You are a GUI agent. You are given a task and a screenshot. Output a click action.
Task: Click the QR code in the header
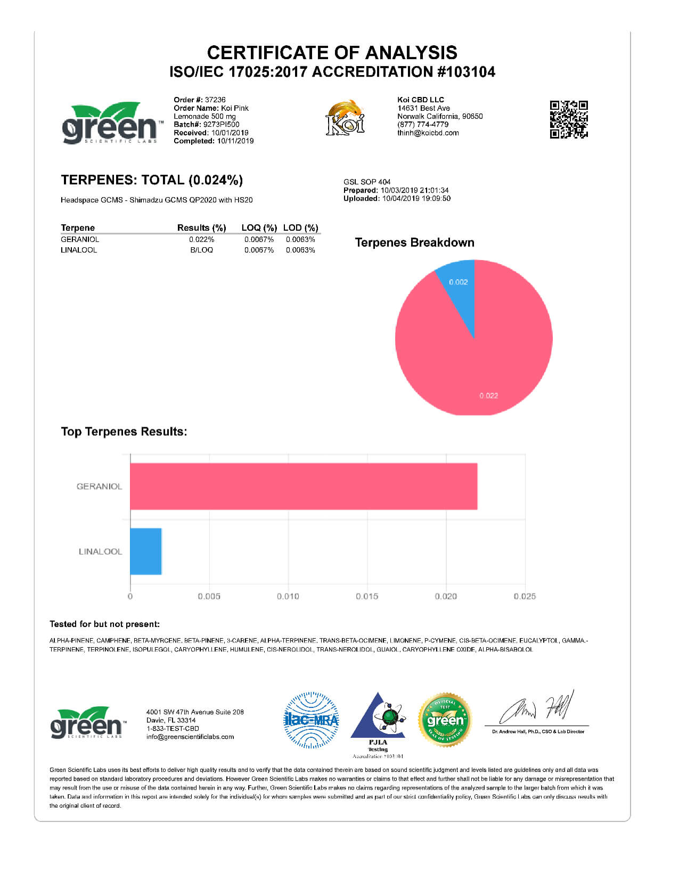coord(569,119)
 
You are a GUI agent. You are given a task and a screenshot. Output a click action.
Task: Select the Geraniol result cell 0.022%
coord(201,240)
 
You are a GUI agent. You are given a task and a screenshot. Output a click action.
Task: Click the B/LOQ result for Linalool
coord(201,250)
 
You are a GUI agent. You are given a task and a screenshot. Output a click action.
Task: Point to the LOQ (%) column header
coord(259,228)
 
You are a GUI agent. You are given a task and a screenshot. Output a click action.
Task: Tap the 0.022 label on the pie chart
coord(488,395)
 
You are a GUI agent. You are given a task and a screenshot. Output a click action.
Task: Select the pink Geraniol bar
coord(304,486)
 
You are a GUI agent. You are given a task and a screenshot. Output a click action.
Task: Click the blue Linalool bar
coord(146,551)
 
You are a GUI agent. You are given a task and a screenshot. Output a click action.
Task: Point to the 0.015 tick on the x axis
coord(367,596)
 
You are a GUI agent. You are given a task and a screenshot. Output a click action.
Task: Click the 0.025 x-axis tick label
coord(525,596)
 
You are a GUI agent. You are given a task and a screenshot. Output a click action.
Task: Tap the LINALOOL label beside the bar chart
coord(100,551)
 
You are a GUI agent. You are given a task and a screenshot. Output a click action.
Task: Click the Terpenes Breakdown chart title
coord(414,243)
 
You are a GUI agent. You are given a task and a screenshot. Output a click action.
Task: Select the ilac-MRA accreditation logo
coord(311,720)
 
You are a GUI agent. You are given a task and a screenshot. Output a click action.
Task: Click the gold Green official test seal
coord(445,720)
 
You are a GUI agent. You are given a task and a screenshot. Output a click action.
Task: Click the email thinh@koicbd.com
coord(428,133)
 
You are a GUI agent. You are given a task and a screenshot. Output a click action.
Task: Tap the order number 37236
coord(215,100)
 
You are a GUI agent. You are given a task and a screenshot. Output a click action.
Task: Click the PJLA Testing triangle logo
coord(378,719)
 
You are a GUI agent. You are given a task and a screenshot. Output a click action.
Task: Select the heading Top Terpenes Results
coord(124,432)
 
